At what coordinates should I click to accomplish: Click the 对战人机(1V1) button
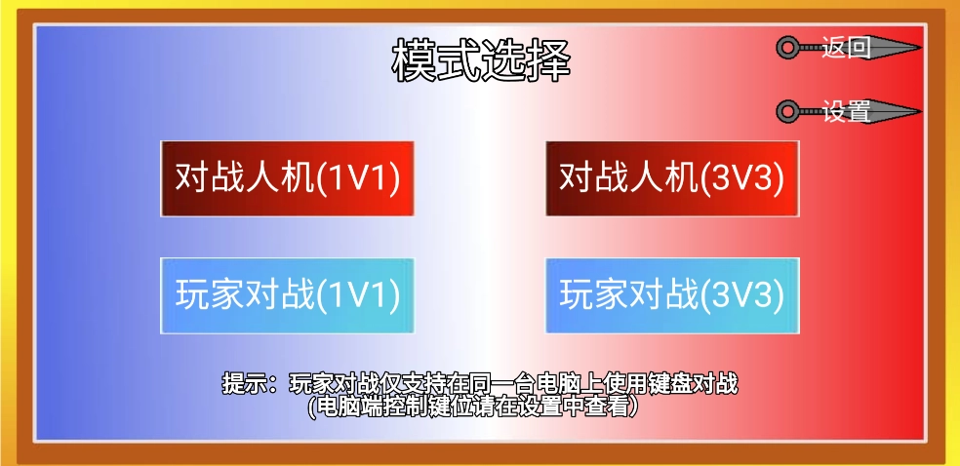pos(287,178)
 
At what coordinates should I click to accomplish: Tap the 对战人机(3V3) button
pos(672,178)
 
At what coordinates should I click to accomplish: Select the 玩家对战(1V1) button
pos(287,296)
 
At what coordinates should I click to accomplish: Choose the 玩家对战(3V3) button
pos(672,296)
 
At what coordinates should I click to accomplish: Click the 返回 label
pos(846,48)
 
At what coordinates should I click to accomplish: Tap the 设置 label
pos(846,111)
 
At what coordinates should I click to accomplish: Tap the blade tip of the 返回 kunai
pos(921,48)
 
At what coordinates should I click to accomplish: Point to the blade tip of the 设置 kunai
pos(921,111)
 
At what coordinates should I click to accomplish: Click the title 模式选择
pos(482,60)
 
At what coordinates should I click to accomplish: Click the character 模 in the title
pos(415,60)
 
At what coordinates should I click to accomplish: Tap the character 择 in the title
pos(549,60)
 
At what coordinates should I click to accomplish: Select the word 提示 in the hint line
pos(243,384)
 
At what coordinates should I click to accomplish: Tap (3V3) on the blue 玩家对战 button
pos(742,296)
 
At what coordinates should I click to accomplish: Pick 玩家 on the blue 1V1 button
pos(211,296)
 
